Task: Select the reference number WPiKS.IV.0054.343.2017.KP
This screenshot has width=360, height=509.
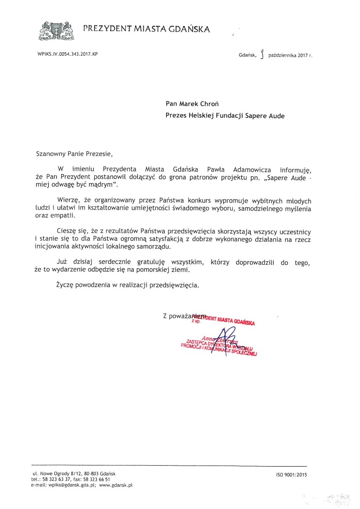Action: click(x=67, y=55)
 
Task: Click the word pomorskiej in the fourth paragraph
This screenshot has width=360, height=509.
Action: click(x=163, y=270)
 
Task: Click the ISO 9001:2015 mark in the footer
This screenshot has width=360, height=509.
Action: click(x=291, y=475)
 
